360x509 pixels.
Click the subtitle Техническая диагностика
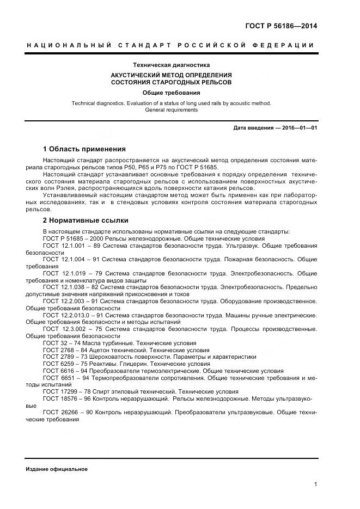171,65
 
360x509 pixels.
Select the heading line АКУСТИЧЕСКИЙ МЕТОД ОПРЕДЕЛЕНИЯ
171,75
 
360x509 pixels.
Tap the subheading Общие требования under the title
171,93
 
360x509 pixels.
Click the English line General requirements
171,109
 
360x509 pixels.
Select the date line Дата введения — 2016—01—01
275,128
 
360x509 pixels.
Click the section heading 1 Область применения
84,149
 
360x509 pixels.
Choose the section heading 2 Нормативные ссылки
86,220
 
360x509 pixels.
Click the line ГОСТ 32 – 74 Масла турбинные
119,343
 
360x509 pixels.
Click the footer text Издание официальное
57,469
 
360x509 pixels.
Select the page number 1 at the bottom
316,484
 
